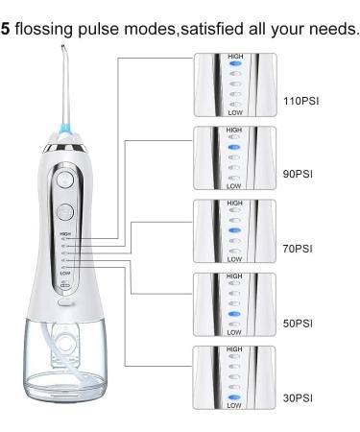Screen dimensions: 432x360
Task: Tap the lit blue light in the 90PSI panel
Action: pyautogui.click(x=235, y=151)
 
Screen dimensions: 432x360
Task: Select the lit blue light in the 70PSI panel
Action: pyautogui.click(x=235, y=231)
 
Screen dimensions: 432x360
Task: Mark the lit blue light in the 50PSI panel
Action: pyautogui.click(x=235, y=313)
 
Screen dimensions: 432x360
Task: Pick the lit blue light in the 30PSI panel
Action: pyautogui.click(x=235, y=396)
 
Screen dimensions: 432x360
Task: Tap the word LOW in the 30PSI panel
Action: pyautogui.click(x=235, y=406)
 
